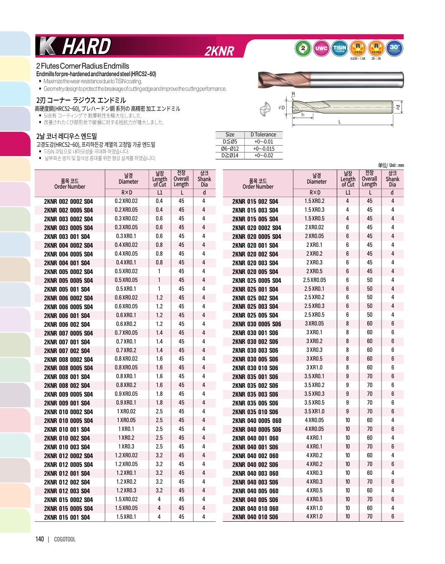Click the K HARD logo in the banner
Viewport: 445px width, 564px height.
tap(75, 46)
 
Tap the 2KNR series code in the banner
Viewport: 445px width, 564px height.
tap(219, 51)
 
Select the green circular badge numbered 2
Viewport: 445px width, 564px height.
tap(303, 48)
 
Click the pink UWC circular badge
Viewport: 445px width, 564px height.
tap(321, 48)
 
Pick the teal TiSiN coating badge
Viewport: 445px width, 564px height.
tap(339, 48)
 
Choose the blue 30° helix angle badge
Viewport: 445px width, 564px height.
tap(394, 48)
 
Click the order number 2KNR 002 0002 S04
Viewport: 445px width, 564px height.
tap(69, 201)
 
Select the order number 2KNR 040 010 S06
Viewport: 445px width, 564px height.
tap(255, 517)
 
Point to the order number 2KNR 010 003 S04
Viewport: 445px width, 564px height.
tap(67, 447)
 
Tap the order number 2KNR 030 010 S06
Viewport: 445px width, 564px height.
tap(255, 368)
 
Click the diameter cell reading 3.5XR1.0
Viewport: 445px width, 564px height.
tap(314, 411)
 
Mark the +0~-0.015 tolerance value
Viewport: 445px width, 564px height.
tap(264, 149)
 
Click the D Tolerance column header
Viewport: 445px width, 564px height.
tap(263, 135)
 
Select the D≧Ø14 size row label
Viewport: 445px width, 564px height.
tap(229, 156)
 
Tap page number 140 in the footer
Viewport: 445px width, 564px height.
tap(40, 539)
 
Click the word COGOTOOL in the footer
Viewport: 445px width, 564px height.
tap(65, 539)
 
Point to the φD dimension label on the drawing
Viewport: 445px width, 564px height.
tap(281, 108)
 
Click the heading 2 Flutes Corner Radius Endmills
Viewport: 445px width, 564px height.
tap(83, 66)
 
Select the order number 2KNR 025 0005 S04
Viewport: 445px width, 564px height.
tap(257, 280)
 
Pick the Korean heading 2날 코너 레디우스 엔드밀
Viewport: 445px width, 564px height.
tap(66, 136)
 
